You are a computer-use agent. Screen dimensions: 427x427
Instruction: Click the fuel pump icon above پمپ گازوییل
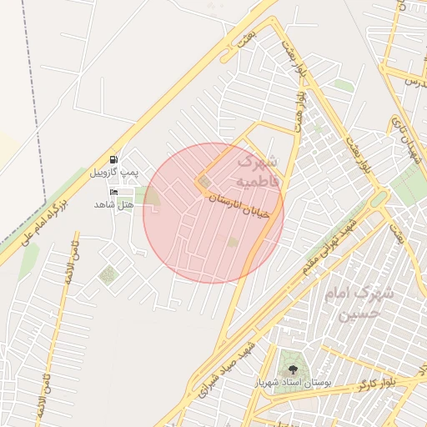[113, 159]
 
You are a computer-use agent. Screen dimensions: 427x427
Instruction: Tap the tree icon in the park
[292, 367]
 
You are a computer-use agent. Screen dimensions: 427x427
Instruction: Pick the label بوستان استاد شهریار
[292, 382]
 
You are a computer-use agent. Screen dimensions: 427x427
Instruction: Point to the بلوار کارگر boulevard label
[376, 384]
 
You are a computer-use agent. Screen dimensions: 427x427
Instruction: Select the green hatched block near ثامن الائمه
[107, 274]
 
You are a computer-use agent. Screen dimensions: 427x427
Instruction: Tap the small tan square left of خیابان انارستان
[204, 181]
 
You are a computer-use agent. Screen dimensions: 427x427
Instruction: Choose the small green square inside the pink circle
[233, 242]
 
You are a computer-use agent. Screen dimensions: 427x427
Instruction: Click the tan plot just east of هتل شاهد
[153, 198]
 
